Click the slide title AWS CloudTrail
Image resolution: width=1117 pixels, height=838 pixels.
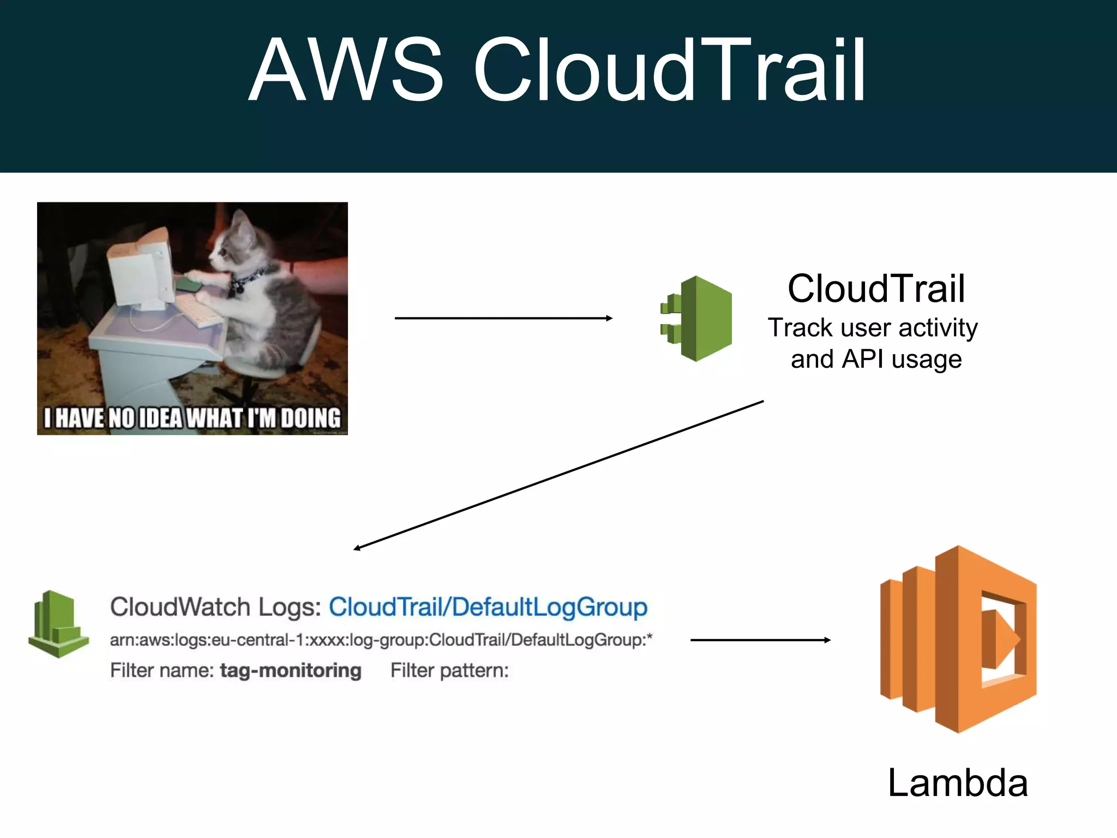pyautogui.click(x=557, y=70)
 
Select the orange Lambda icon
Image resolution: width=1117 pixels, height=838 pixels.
pyautogui.click(x=958, y=639)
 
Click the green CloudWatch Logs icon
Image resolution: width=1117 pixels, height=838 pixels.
pyautogui.click(x=58, y=625)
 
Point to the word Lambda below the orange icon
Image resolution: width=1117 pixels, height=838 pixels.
pyautogui.click(x=957, y=783)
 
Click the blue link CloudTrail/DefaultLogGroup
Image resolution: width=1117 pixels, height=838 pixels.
pyautogui.click(x=488, y=607)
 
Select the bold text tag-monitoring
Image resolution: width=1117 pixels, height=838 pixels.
pyautogui.click(x=290, y=671)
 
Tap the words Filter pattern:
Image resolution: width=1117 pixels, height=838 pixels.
pyautogui.click(x=449, y=671)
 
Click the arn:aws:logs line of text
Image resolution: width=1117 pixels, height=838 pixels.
pyautogui.click(x=381, y=640)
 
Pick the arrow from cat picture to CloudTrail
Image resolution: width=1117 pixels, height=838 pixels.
pyautogui.click(x=503, y=318)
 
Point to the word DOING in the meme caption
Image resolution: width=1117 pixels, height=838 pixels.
pyautogui.click(x=311, y=418)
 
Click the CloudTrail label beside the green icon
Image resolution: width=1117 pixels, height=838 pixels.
pyautogui.click(x=876, y=289)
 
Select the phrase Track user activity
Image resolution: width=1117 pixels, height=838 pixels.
pyautogui.click(x=873, y=328)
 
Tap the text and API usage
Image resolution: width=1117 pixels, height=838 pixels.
pyautogui.click(x=876, y=360)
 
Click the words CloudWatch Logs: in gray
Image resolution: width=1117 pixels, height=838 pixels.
pyautogui.click(x=215, y=607)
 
